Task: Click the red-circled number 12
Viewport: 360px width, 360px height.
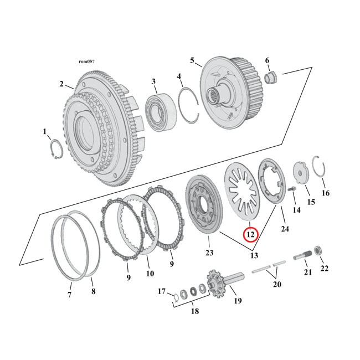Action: [x=250, y=234]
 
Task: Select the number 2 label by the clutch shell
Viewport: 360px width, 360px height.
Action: [x=61, y=84]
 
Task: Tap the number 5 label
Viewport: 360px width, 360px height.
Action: [x=192, y=60]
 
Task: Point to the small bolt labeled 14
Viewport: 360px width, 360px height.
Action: [x=292, y=192]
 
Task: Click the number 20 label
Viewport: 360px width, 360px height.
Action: [x=277, y=284]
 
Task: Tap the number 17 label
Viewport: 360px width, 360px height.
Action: [x=162, y=291]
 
